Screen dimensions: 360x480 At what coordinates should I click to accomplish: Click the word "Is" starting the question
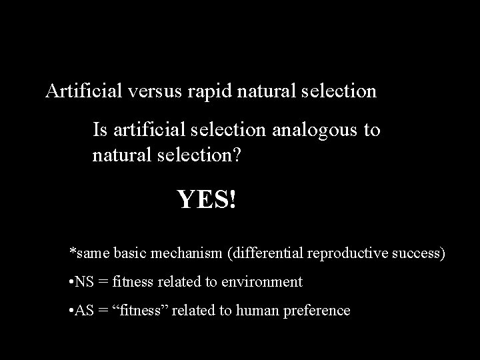pyautogui.click(x=99, y=129)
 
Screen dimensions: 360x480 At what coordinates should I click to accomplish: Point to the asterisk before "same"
pyautogui.click(x=73, y=252)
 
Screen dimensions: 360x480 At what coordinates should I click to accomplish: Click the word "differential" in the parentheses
pyautogui.click(x=261, y=253)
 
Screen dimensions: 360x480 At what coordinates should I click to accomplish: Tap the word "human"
pyautogui.click(x=253, y=311)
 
